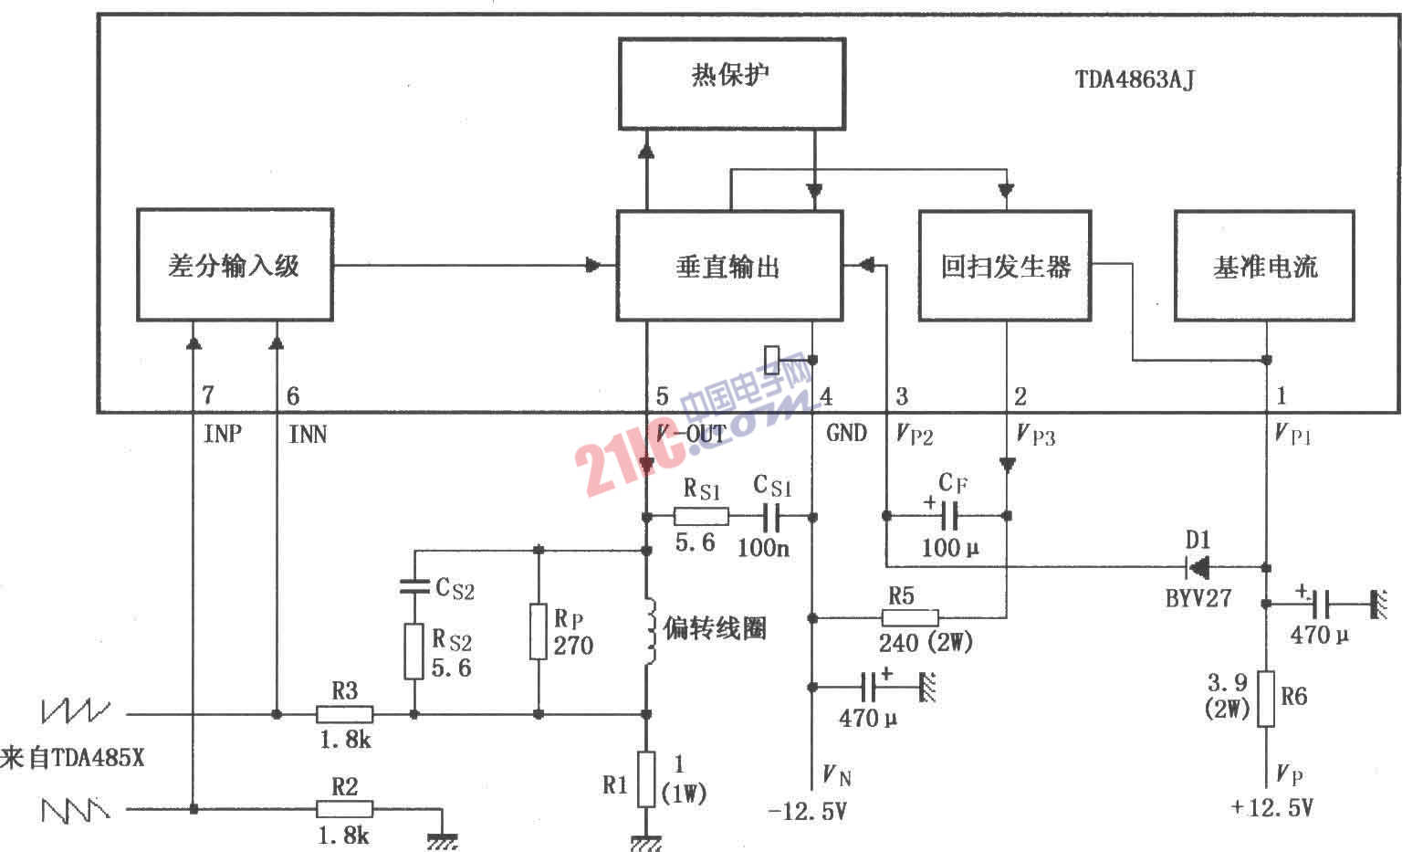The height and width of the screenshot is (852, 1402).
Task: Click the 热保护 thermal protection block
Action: coord(732,84)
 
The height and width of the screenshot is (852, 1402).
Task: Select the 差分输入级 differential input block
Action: coord(235,265)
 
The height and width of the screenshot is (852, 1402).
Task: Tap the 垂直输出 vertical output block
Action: coord(730,266)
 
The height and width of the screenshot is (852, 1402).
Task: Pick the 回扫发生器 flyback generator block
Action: coord(1005,266)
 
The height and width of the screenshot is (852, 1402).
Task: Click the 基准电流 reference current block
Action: coord(1264,266)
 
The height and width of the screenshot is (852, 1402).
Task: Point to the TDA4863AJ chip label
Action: coord(1135,80)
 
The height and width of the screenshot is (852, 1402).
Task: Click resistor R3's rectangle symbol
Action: coord(344,714)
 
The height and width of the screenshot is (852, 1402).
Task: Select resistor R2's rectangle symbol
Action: coord(344,809)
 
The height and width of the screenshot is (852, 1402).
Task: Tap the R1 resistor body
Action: coord(646,779)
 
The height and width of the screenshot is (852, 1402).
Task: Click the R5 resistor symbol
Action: coord(910,618)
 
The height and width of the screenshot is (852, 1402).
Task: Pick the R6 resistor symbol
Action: coord(1266,699)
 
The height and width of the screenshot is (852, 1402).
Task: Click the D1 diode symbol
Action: coord(1198,568)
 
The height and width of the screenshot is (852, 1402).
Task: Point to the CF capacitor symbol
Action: coord(949,516)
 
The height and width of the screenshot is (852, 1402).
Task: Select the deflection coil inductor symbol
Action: coord(650,630)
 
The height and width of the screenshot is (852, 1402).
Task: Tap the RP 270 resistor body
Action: coord(539,632)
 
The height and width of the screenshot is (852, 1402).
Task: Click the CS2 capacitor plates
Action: coord(413,586)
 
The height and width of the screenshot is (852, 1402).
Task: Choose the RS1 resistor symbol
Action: coord(701,517)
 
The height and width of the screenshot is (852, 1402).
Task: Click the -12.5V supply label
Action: coord(807,812)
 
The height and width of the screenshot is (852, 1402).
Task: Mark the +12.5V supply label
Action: coord(1271,807)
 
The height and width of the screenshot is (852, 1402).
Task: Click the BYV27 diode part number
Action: coord(1198,598)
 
